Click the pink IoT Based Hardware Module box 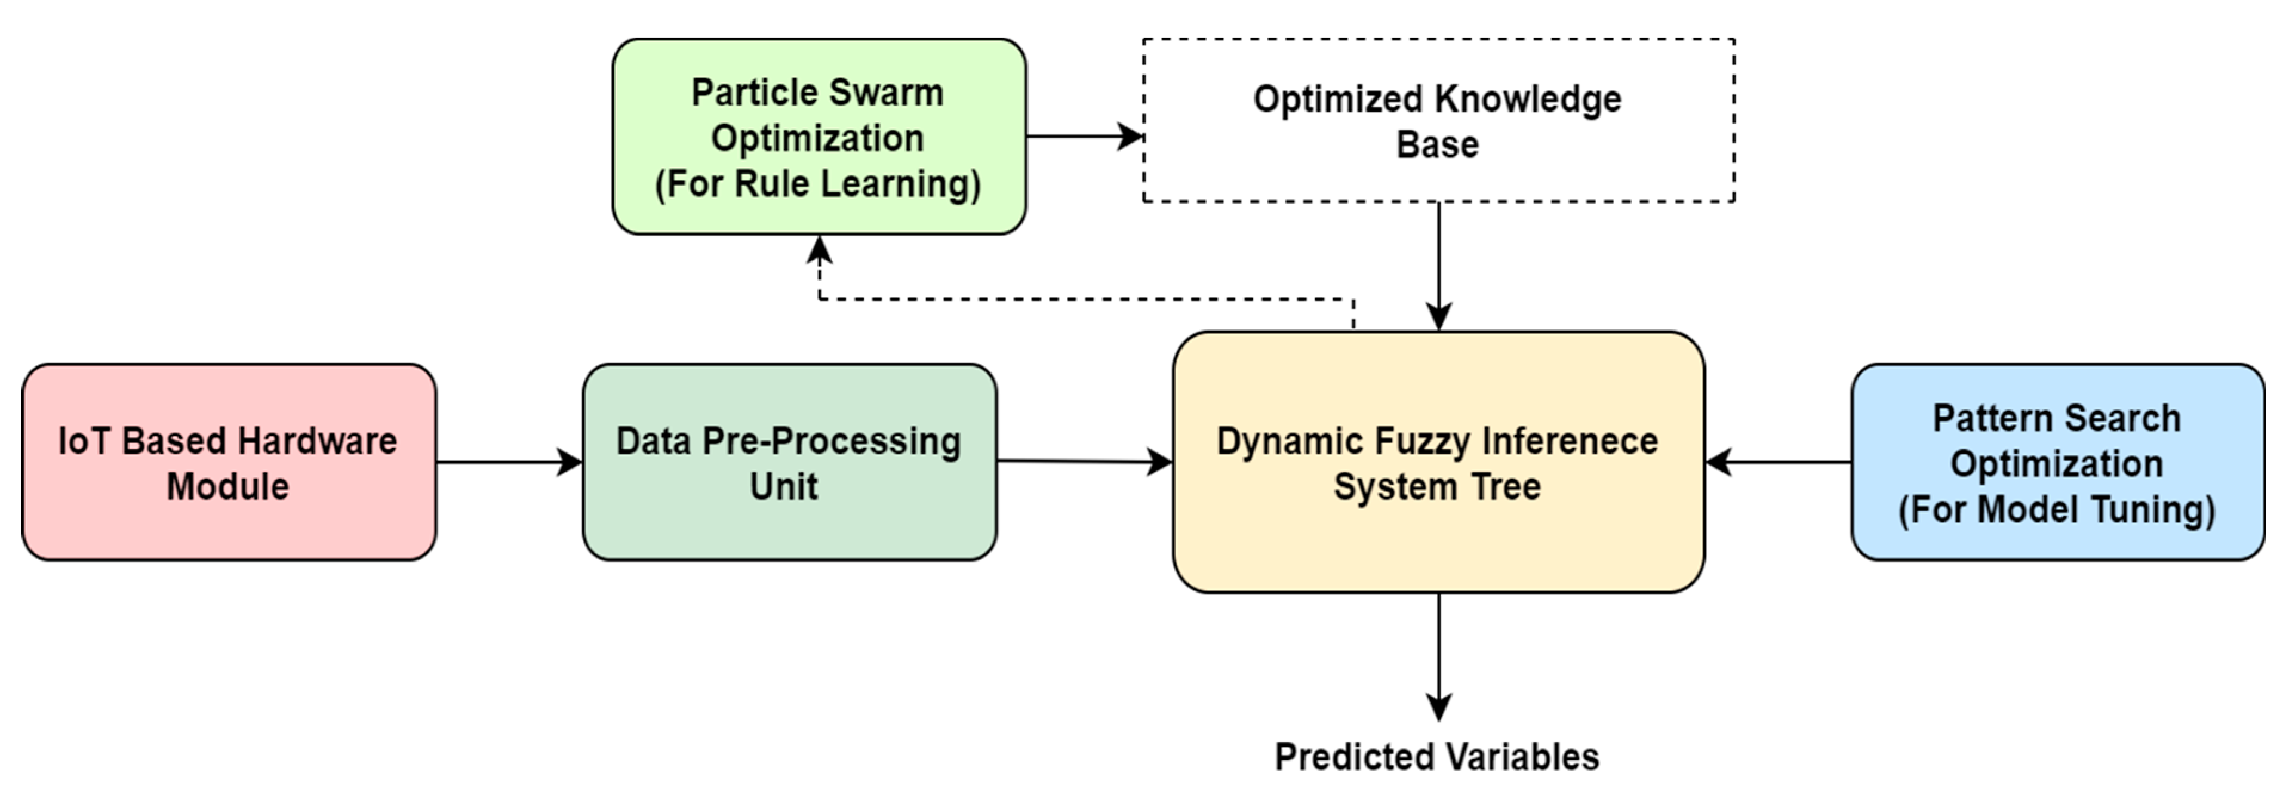pyautogui.click(x=228, y=462)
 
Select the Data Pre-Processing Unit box pyautogui.click(x=789, y=462)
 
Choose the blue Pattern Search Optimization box pyautogui.click(x=2056, y=462)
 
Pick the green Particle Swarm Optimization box pyautogui.click(x=818, y=137)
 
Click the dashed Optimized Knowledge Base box pyautogui.click(x=1438, y=121)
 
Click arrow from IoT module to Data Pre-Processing pyautogui.click(x=509, y=462)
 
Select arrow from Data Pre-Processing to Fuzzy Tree pyautogui.click(x=1084, y=461)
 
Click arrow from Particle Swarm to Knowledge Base pyautogui.click(x=1084, y=136)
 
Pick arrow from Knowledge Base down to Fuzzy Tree pyautogui.click(x=1438, y=266)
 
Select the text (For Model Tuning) pyautogui.click(x=2056, y=510)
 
